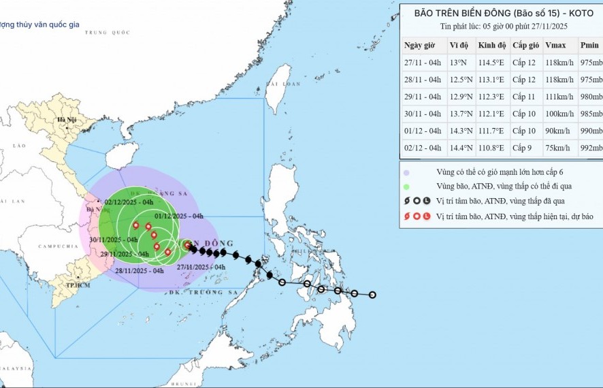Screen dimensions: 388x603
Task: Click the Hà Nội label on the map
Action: click(x=67, y=120)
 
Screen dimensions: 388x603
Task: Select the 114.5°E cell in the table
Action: click(x=491, y=63)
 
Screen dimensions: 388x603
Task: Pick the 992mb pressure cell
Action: click(x=590, y=148)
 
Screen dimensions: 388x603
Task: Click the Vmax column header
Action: click(x=555, y=46)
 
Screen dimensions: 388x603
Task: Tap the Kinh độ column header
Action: click(x=492, y=46)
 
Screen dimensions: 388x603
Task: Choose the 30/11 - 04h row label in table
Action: click(x=423, y=114)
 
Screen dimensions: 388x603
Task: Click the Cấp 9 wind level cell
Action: click(x=523, y=148)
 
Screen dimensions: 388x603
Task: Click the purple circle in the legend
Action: click(x=406, y=173)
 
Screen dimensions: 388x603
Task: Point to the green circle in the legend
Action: click(x=406, y=186)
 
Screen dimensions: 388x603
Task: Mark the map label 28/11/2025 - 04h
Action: click(x=140, y=270)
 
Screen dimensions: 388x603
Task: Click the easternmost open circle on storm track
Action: click(x=372, y=295)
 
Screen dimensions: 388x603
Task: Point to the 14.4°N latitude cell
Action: click(x=457, y=148)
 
